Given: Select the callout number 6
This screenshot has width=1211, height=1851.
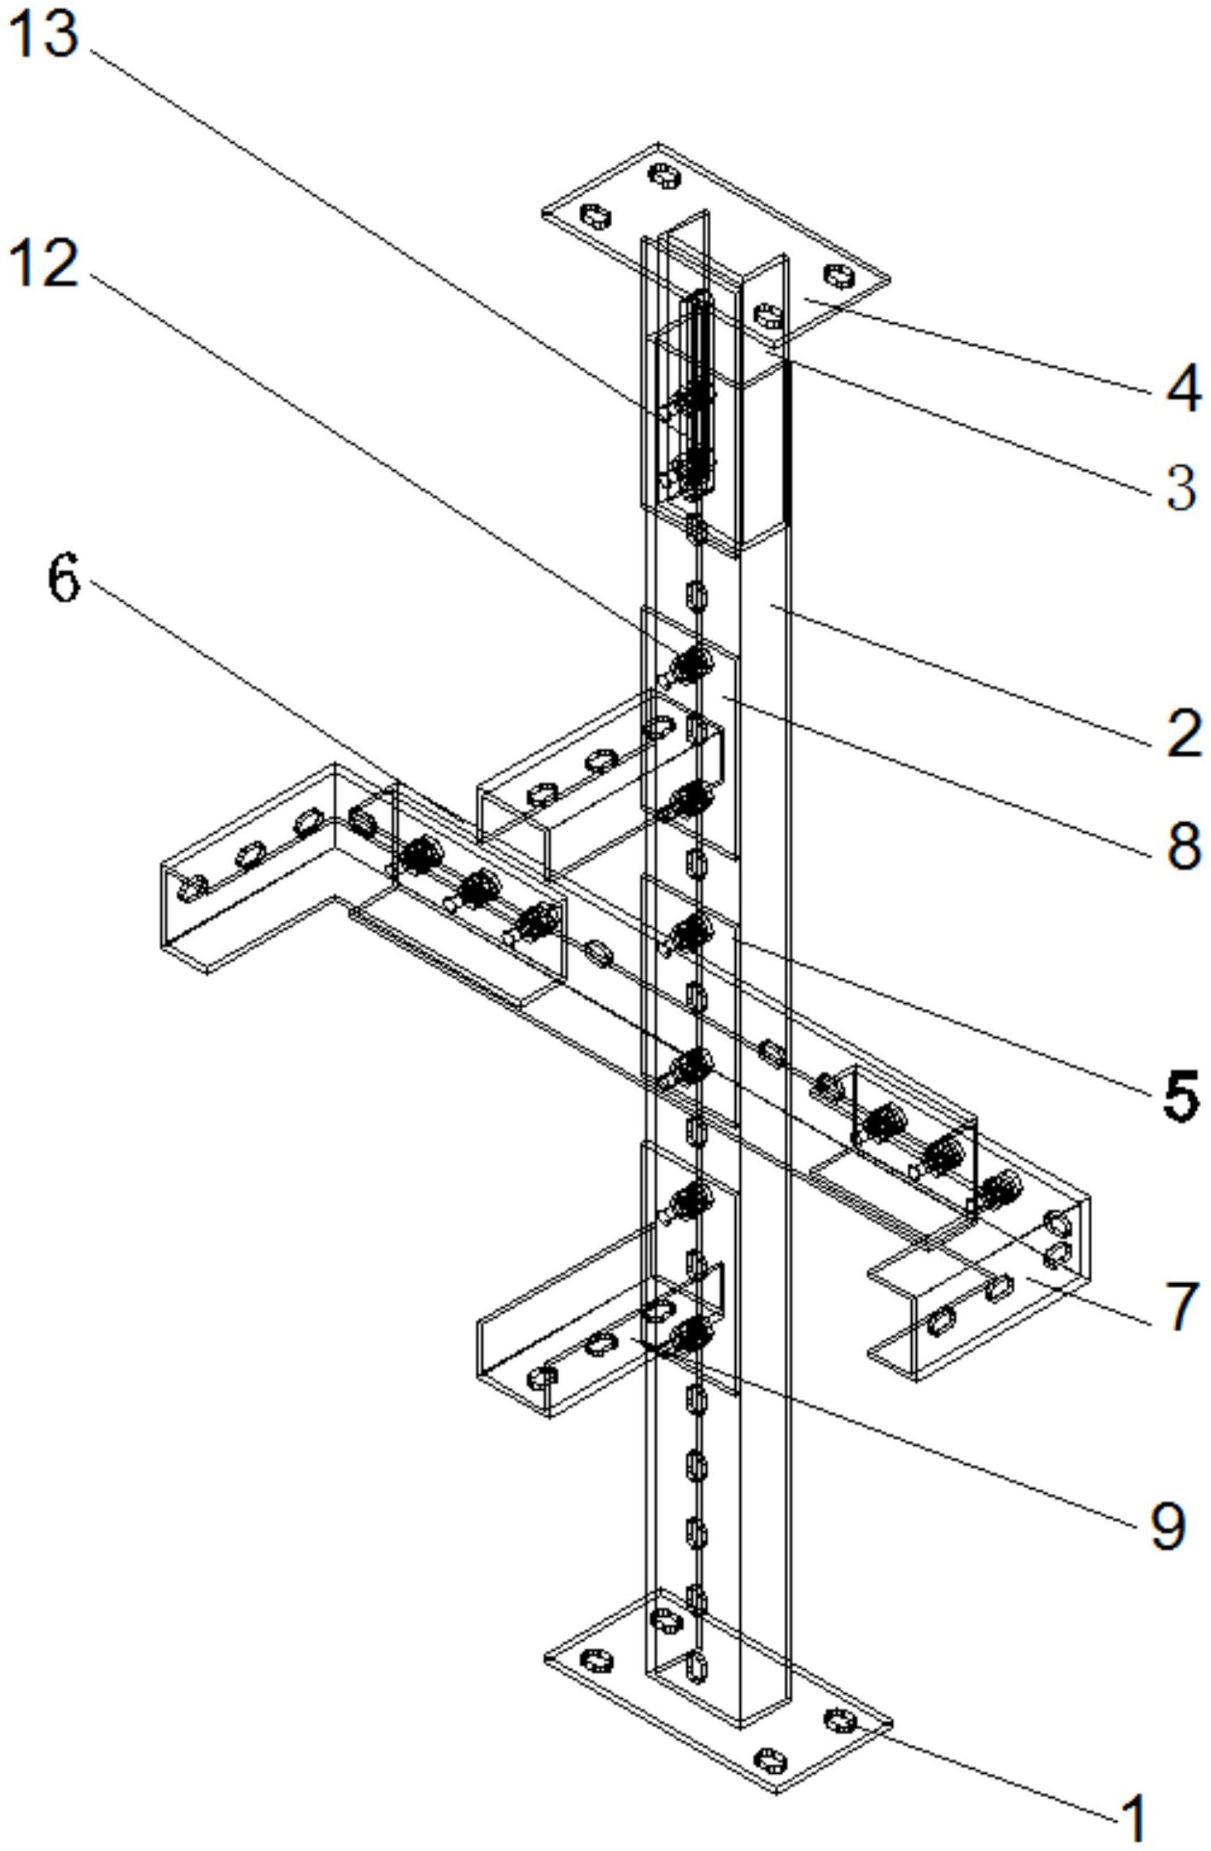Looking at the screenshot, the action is point(64,578).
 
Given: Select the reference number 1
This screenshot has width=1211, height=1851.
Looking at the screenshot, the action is point(1134,1819).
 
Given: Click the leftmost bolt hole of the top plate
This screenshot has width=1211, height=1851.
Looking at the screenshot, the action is point(595,217).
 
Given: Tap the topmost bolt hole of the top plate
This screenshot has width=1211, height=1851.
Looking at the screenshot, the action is point(664,175).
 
